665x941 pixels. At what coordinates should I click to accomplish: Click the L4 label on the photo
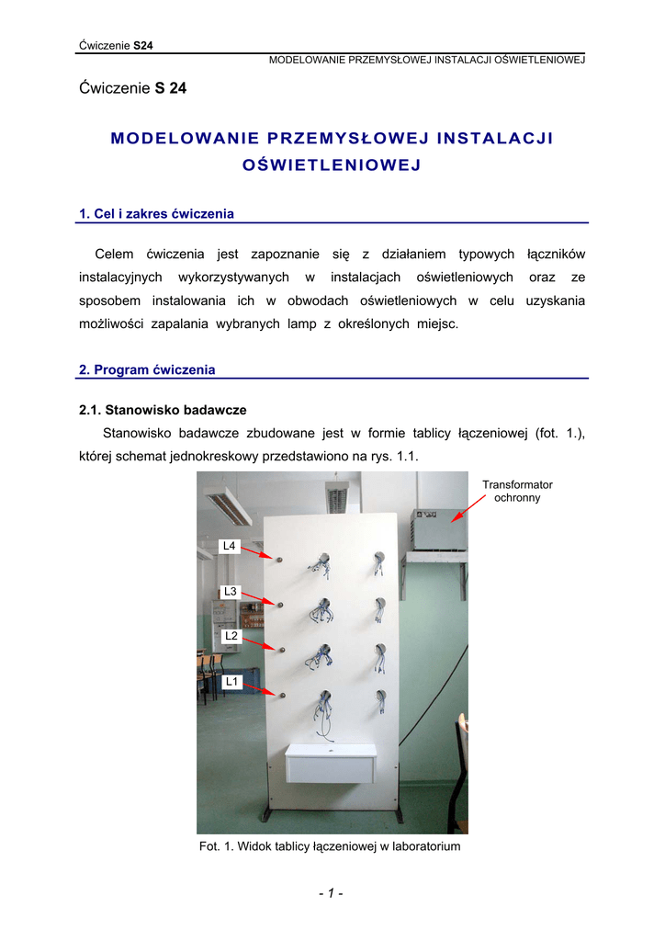point(229,547)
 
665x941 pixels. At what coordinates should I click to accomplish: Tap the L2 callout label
point(231,636)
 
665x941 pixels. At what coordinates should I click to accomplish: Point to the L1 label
point(231,682)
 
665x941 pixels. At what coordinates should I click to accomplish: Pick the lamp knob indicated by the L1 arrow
point(282,695)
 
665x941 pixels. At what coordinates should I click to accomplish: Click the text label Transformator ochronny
point(517,491)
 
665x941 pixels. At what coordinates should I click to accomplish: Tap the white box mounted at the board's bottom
point(330,763)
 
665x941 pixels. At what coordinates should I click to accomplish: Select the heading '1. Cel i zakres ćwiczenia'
point(157,214)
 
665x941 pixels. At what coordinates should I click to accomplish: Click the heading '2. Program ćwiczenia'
point(148,370)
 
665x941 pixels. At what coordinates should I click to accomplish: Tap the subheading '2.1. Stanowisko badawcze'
point(163,410)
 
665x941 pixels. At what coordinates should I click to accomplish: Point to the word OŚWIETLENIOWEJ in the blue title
point(332,165)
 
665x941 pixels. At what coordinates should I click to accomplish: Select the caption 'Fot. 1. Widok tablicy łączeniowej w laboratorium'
point(330,846)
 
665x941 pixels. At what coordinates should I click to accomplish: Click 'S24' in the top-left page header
point(143,45)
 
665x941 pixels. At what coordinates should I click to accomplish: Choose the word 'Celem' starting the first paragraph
point(115,254)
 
